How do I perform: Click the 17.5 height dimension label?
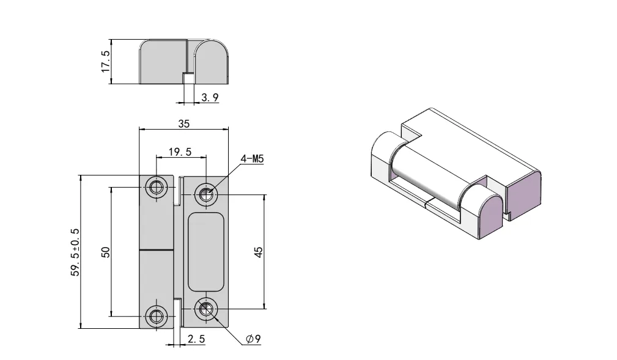tap(105, 62)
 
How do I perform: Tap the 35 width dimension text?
tap(183, 123)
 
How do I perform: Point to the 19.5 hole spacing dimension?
tap(180, 152)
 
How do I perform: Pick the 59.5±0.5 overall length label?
tap(75, 252)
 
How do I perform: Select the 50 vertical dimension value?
tap(105, 252)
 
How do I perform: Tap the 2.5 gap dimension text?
tap(196, 339)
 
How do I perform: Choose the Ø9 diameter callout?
tap(253, 339)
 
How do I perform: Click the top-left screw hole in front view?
tap(157, 187)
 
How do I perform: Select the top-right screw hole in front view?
tap(205, 195)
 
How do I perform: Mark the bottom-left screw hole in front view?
tap(157, 317)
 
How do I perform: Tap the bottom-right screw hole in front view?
tap(205, 309)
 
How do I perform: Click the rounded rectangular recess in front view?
tap(205, 252)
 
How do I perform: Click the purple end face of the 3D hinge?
tap(522, 192)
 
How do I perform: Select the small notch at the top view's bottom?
tap(189, 78)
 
